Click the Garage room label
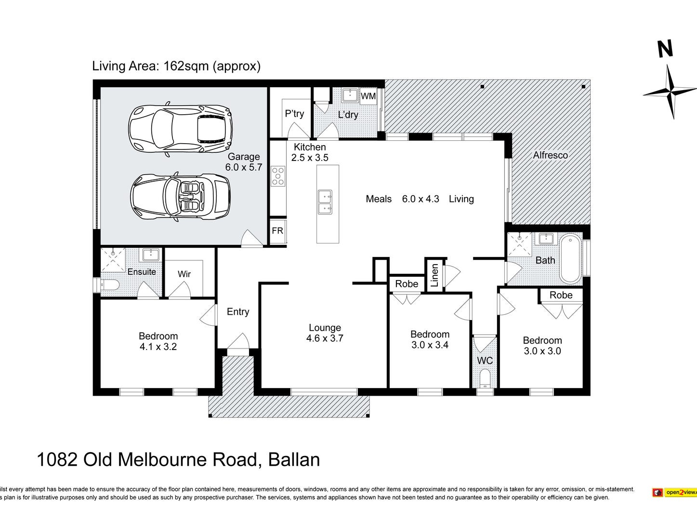coord(244,157)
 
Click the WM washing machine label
coord(368,96)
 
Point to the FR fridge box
coord(278,231)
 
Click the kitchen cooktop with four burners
coord(278,176)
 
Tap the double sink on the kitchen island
coord(326,202)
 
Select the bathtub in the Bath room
coord(571,259)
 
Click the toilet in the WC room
coord(485,379)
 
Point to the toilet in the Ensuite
coord(109,285)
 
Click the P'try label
coord(294,114)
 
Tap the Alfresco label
coord(550,155)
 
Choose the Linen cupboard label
coord(434,275)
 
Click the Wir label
coord(184,274)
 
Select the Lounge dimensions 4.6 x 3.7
coord(325,338)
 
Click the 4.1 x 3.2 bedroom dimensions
coord(158,347)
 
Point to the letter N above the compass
coord(665,49)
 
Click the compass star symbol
coord(670,91)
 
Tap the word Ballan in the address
coord(294,460)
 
